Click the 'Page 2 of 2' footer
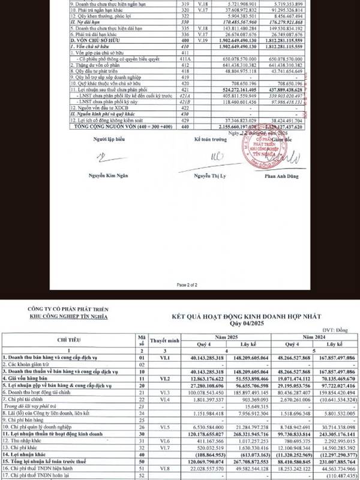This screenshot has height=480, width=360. click(x=179, y=284)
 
